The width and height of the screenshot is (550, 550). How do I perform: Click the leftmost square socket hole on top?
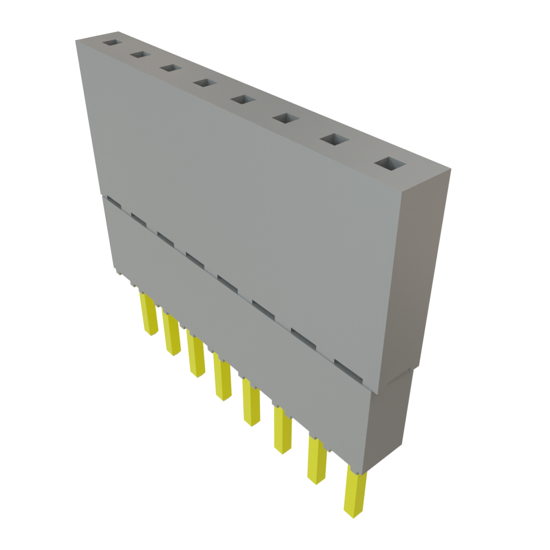click(113, 42)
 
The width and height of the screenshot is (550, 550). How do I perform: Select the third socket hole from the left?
click(170, 68)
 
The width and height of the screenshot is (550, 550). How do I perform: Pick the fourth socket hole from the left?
click(203, 83)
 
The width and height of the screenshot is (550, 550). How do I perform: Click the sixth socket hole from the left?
click(285, 118)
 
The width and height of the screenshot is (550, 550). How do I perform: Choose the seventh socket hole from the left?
click(334, 139)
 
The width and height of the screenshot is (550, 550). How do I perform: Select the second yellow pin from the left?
click(172, 336)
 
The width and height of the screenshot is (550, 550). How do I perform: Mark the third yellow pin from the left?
click(196, 356)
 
